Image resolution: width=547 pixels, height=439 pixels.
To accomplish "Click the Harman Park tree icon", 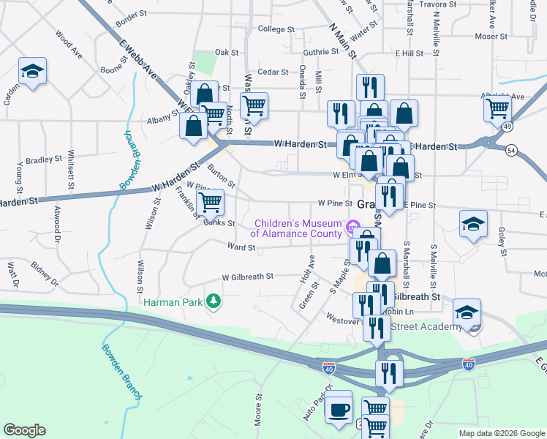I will (x=213, y=301).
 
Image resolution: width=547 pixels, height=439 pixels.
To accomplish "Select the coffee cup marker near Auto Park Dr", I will (x=338, y=410).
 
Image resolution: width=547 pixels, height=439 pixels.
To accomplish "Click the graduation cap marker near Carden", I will (x=32, y=71).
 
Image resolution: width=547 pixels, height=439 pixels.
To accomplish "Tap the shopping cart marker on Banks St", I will (x=211, y=201).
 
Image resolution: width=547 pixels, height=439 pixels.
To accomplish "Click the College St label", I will (x=275, y=30).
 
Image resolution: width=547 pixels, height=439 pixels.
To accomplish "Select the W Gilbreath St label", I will (x=247, y=277).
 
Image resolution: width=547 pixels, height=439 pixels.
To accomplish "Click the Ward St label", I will (x=241, y=248).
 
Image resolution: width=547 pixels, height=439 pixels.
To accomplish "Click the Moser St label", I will (x=491, y=36).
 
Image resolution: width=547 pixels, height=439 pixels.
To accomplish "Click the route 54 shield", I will (x=511, y=150).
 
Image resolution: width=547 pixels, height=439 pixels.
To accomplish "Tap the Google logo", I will (x=25, y=430).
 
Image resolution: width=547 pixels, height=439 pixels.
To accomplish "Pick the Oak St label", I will (x=227, y=53).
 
